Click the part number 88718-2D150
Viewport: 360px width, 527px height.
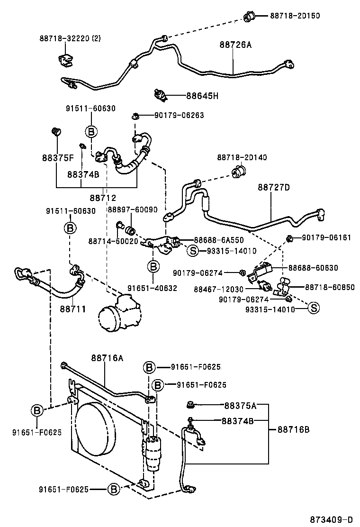click(x=295, y=16)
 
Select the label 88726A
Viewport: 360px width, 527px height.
click(x=235, y=45)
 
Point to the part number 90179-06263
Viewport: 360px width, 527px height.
click(x=179, y=115)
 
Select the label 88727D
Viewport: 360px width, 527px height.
click(x=274, y=187)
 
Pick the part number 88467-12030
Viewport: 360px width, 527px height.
click(x=218, y=289)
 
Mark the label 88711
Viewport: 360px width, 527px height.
click(x=72, y=309)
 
